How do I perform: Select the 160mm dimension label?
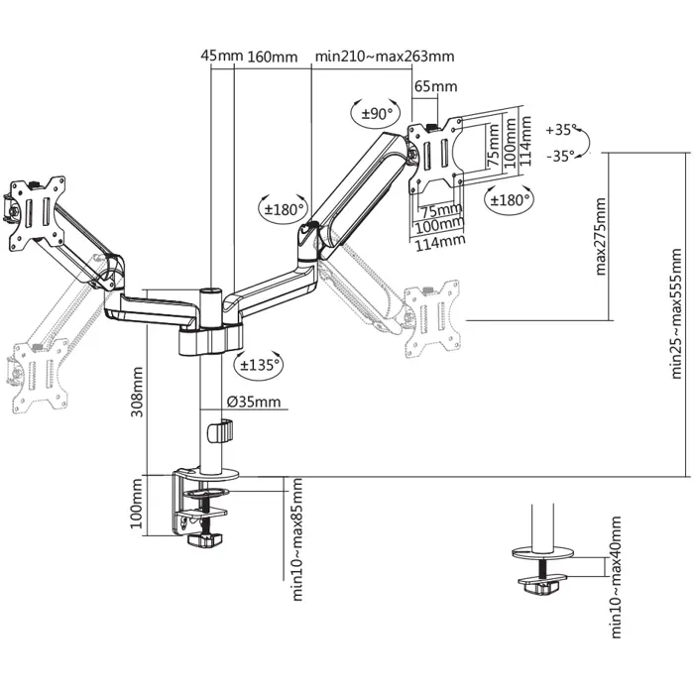(x=273, y=57)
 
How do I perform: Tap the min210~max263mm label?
(x=384, y=57)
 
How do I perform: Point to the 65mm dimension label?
(x=430, y=86)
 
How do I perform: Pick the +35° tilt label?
(x=561, y=130)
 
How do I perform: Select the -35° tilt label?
(x=561, y=155)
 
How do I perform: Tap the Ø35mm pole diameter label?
(x=254, y=403)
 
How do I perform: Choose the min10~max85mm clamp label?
(x=297, y=537)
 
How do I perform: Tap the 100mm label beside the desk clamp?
(x=138, y=508)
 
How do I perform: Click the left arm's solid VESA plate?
(x=35, y=211)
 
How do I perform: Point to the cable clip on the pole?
(x=223, y=433)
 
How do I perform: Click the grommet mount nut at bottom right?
(x=541, y=586)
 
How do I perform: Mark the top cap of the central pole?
(x=211, y=290)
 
